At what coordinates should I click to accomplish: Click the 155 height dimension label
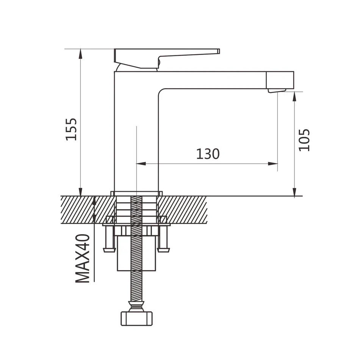click(71, 129)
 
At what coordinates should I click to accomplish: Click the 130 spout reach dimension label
click(208, 154)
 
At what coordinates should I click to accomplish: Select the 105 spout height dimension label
click(304, 140)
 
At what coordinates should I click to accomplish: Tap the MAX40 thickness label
click(83, 258)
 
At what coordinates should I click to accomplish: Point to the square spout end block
click(280, 80)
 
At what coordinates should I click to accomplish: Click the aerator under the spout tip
click(277, 91)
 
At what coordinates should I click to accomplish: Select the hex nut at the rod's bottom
click(136, 318)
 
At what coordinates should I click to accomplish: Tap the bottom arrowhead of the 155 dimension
click(80, 192)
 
